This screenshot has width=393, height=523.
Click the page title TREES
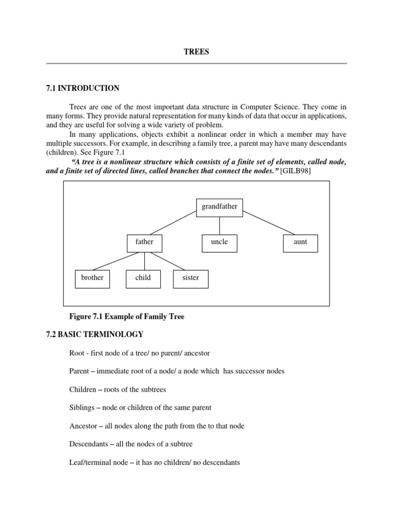196,52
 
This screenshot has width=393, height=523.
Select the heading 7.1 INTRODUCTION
82,88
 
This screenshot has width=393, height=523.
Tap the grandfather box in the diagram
220,207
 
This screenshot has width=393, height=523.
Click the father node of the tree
144,242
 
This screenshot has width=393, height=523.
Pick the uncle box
220,242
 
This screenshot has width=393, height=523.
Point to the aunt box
300,242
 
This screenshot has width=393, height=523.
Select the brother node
92,278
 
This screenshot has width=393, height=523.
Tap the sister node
190,278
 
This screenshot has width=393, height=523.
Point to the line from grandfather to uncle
220,225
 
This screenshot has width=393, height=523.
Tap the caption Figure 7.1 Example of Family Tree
126,317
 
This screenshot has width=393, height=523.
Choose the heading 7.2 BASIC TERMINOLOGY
95,335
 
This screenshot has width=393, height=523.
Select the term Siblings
82,408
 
